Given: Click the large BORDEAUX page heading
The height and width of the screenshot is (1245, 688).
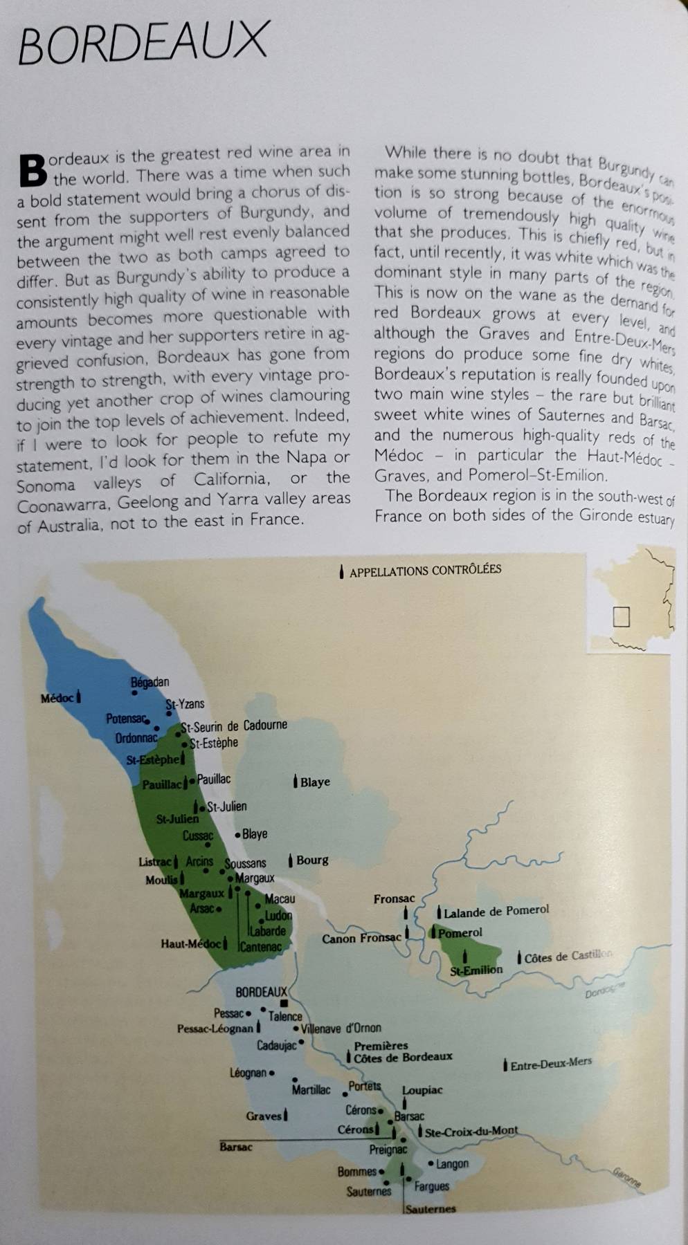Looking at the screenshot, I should click(143, 42).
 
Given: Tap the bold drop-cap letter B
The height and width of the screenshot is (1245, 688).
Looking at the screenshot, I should click(33, 170).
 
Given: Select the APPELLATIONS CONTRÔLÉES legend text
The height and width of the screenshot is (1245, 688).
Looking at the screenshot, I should click(425, 571).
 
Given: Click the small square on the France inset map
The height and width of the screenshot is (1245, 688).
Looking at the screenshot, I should click(621, 616).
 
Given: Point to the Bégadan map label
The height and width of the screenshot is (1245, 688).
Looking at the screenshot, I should click(150, 683).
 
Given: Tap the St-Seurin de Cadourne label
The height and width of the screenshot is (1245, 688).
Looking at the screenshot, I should click(234, 726).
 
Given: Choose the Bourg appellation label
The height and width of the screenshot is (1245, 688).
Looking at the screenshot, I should click(312, 860).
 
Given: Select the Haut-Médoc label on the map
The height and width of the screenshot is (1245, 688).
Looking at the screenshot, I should click(191, 943).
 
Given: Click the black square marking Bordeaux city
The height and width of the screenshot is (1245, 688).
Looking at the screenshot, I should click(284, 1003).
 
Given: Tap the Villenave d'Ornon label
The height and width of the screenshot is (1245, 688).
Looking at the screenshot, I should click(341, 1029).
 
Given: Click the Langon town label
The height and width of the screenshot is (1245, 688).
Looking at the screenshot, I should click(452, 1164).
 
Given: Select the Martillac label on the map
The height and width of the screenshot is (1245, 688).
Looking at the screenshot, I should click(311, 1090).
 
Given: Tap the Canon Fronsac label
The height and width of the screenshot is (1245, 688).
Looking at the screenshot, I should click(361, 939).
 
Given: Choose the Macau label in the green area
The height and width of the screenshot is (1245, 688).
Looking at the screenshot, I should click(280, 898).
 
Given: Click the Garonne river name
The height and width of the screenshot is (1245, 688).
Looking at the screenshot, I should click(627, 1178).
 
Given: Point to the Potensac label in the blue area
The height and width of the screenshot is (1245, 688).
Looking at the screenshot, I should click(126, 719).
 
